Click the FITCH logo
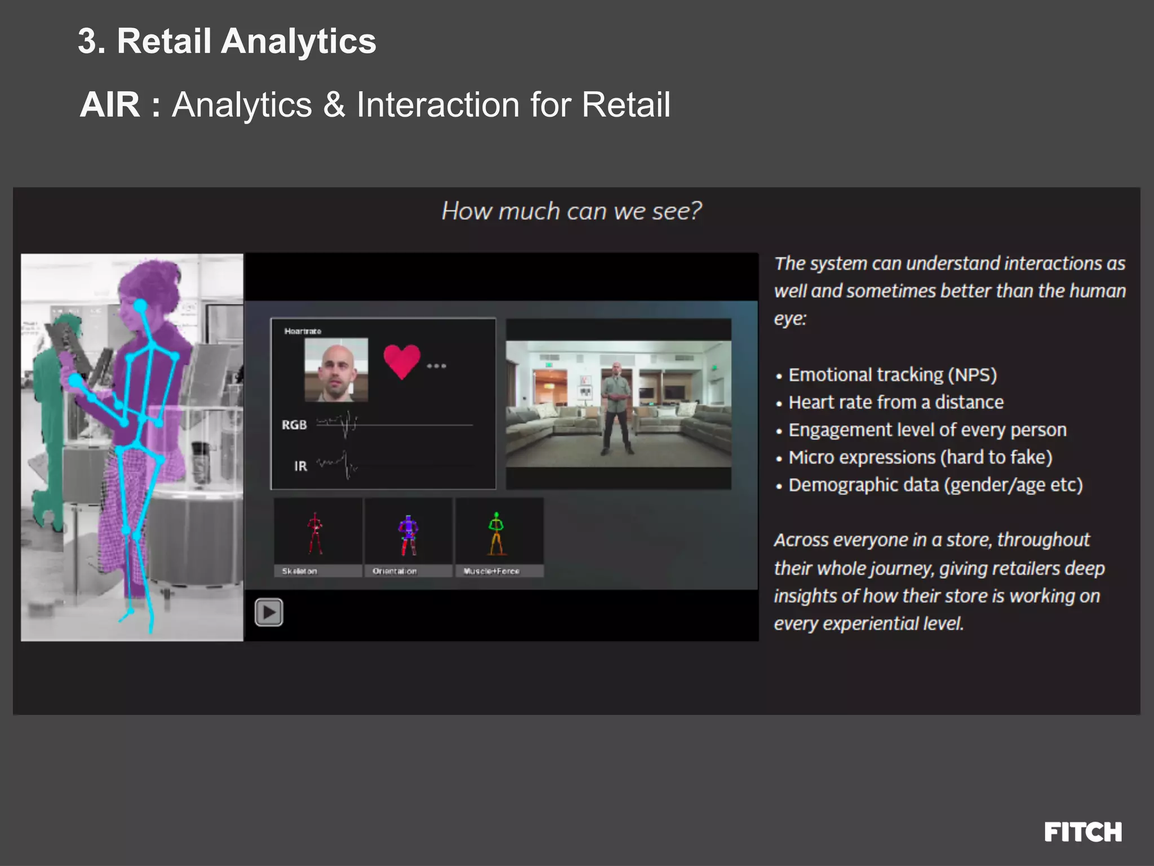tap(1082, 832)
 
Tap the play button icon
tap(269, 612)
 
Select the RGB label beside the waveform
tap(294, 425)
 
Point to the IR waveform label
tap(300, 466)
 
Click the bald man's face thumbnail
tap(336, 370)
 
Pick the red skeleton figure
tap(315, 533)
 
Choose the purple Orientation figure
tap(408, 534)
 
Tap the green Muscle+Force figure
tap(496, 533)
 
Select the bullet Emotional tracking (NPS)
tap(892, 375)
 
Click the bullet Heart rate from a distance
tap(895, 403)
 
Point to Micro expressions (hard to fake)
tap(920, 457)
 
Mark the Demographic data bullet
tap(935, 485)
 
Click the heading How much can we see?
tap(571, 211)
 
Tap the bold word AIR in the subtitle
tap(110, 105)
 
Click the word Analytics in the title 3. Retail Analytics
tap(298, 41)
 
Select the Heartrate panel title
tap(303, 331)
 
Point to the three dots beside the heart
tap(436, 366)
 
